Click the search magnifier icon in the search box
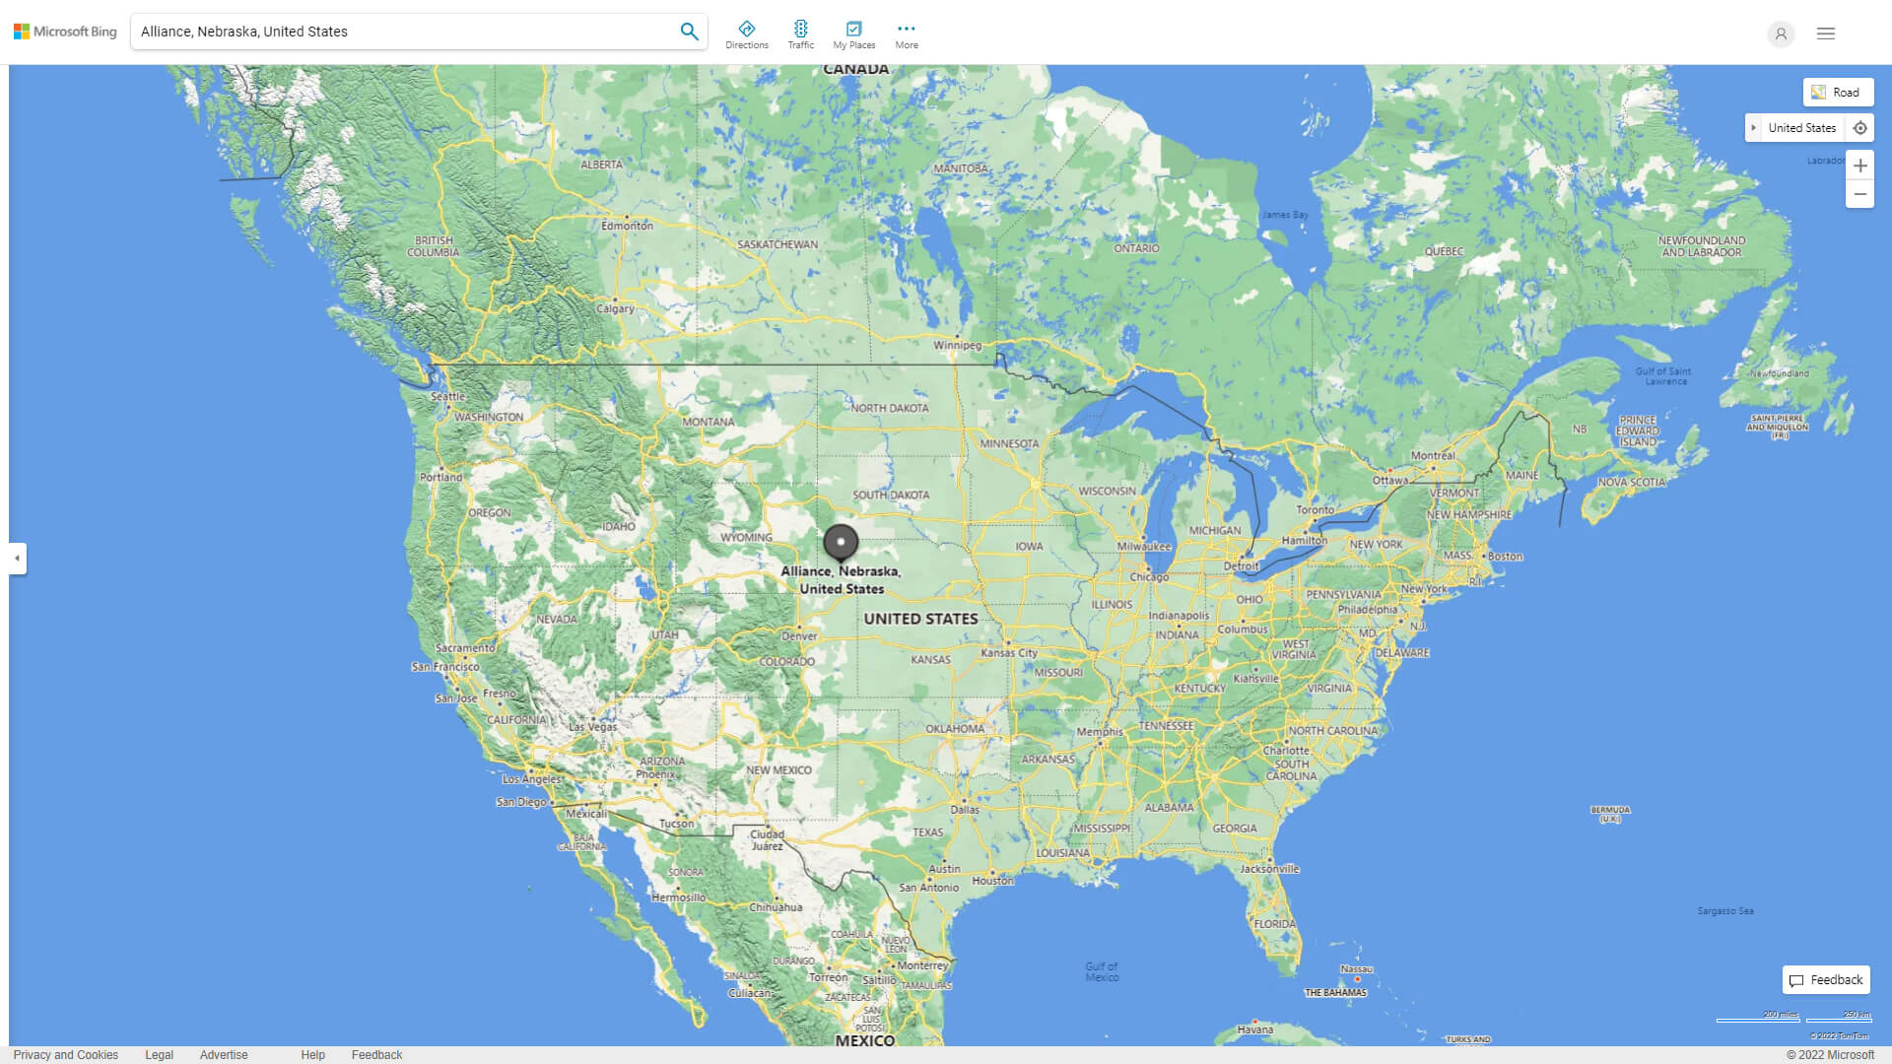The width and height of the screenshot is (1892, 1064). coord(689,32)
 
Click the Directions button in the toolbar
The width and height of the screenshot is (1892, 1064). coord(747,34)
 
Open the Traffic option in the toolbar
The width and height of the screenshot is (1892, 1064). coord(801,34)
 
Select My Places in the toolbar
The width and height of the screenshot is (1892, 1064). coord(853,34)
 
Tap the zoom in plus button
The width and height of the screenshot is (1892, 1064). coord(1859,166)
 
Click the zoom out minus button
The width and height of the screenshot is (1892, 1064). coord(1859,194)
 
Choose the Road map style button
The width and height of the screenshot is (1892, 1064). coord(1838,93)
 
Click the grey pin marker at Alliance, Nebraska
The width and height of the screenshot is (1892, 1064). coord(841,542)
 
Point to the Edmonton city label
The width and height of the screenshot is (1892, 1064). coord(628,226)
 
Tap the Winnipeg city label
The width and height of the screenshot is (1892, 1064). coord(958,346)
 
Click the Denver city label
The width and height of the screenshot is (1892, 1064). coord(799,636)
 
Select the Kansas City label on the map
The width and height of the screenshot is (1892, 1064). coord(1009,653)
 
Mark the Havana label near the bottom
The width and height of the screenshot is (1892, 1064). coord(1254,1030)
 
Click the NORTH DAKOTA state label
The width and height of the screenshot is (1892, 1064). coord(889,408)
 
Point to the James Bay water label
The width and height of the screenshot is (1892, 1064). coord(1285,215)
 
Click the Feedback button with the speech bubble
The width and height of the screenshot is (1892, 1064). coord(1826,980)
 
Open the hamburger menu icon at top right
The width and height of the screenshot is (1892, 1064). coord(1826,33)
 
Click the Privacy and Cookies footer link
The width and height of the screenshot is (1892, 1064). coord(66,1055)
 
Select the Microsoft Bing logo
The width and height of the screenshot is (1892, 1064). coord(65,32)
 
